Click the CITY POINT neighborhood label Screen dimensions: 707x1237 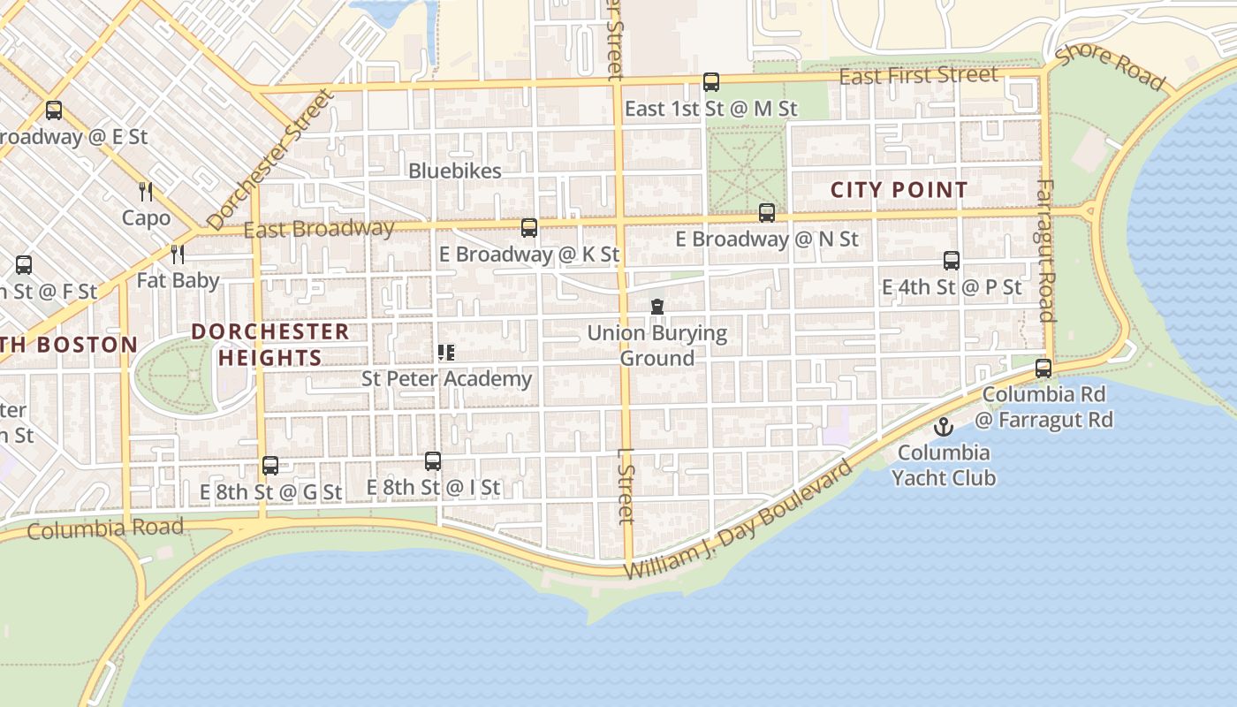tap(899, 190)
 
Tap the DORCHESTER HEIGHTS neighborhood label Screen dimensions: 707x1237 tap(270, 345)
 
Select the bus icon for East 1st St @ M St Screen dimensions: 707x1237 tap(710, 82)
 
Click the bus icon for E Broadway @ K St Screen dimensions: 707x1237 tap(528, 228)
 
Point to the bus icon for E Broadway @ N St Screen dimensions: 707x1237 tap(766, 213)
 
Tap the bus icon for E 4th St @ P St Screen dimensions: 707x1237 tap(951, 261)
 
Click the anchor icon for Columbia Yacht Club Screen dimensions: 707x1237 tap(944, 428)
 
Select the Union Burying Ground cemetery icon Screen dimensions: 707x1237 tap(656, 308)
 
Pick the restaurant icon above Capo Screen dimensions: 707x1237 tap(146, 191)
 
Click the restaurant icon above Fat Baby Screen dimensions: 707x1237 tap(178, 255)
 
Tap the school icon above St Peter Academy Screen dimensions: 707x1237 tap(446, 353)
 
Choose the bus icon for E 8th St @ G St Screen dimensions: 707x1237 tap(269, 466)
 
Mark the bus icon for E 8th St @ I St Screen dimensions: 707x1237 tap(432, 461)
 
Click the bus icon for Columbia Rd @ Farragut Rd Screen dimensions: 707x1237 tap(1043, 369)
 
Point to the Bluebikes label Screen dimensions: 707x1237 tap(454, 171)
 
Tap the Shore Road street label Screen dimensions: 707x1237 tap(1110, 65)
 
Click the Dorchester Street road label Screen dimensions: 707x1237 tap(270, 160)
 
